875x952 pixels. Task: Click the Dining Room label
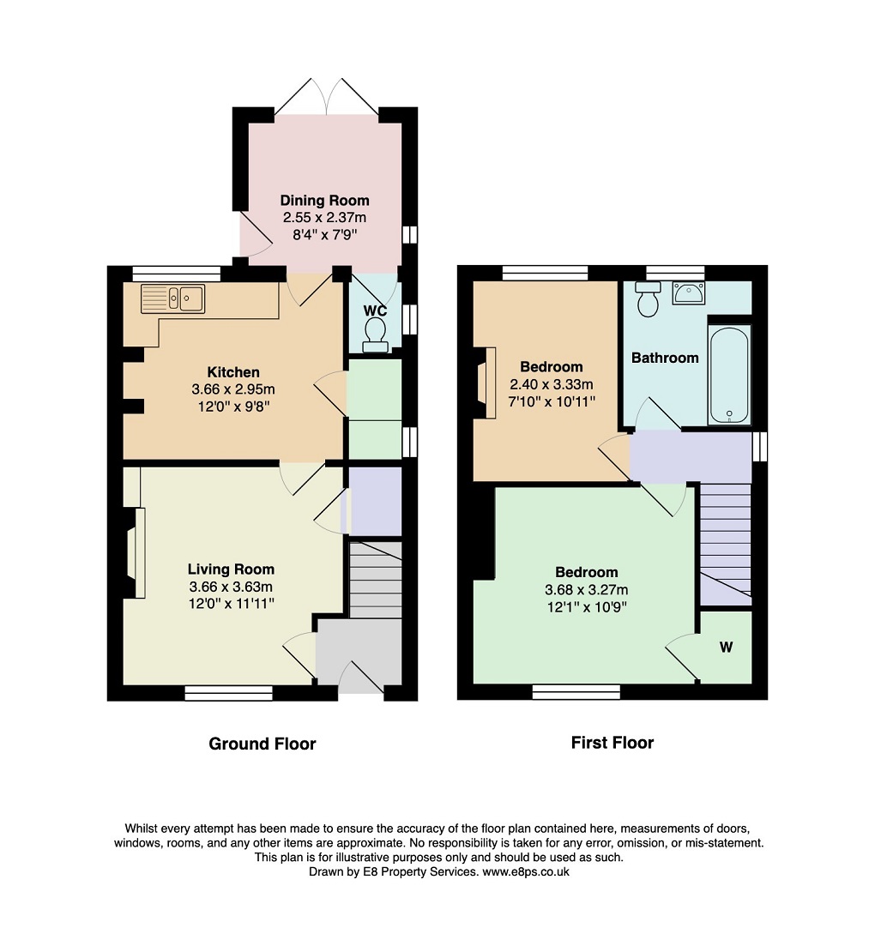(x=324, y=201)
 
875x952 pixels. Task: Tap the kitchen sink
(x=173, y=298)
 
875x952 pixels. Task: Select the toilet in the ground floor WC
(x=375, y=335)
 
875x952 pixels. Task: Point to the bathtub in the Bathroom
(x=729, y=375)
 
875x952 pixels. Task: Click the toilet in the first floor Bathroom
(x=648, y=298)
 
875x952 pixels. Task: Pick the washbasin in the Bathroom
(x=688, y=292)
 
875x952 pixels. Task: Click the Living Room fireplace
(x=136, y=552)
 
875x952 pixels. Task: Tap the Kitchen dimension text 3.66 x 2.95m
(x=233, y=389)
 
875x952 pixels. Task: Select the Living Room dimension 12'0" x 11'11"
(x=232, y=604)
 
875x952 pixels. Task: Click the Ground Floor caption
(x=262, y=744)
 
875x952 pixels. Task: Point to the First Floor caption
(x=612, y=743)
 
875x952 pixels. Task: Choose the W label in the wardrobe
(x=727, y=648)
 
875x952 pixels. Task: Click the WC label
(x=375, y=310)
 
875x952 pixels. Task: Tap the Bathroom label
(x=665, y=358)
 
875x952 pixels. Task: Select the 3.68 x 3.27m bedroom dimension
(x=587, y=589)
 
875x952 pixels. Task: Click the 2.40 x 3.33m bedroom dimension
(x=552, y=384)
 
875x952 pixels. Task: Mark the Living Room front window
(x=229, y=693)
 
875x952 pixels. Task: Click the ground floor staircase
(x=376, y=580)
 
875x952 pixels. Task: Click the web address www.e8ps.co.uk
(x=526, y=872)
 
